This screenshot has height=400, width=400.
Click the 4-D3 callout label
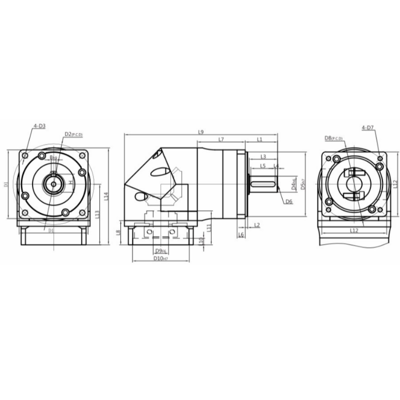[39, 126]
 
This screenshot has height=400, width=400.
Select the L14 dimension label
[106, 196]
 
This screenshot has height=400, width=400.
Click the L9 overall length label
[200, 132]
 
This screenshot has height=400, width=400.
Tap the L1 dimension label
[260, 139]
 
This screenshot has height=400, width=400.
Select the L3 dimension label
[263, 156]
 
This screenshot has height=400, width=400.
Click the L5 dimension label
[263, 165]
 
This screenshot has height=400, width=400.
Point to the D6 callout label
[288, 201]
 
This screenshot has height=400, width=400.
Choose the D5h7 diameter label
[302, 185]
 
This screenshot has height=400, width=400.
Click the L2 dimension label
[256, 225]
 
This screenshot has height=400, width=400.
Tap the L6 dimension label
[241, 234]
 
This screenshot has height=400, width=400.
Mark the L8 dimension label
[118, 232]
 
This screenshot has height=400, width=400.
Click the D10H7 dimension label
[160, 258]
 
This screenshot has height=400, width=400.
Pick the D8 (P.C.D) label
[333, 137]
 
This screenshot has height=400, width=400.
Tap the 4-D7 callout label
[367, 128]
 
